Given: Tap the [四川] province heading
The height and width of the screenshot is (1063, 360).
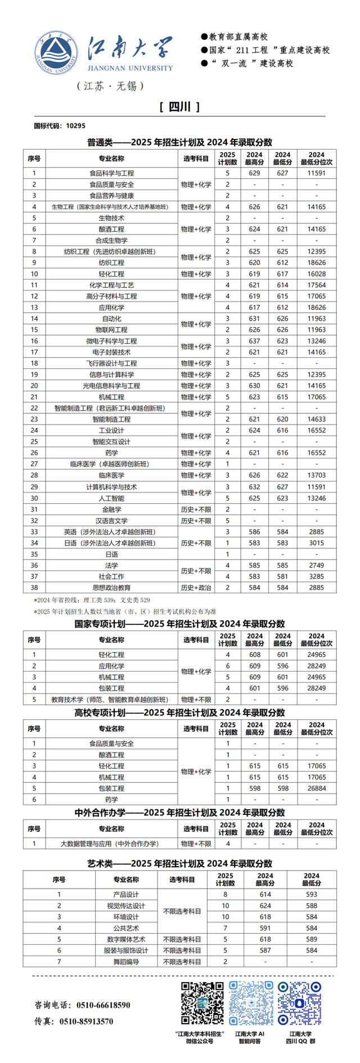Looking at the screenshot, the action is pyautogui.click(x=179, y=107).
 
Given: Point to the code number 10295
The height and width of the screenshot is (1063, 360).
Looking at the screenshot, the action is pyautogui.click(x=75, y=125).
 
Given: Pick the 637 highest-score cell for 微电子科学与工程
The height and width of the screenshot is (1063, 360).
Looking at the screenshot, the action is pyautogui.click(x=254, y=341).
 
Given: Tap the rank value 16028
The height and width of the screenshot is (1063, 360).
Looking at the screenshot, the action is pyautogui.click(x=316, y=274).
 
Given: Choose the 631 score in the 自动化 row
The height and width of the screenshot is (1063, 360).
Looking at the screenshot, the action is pyautogui.click(x=254, y=318).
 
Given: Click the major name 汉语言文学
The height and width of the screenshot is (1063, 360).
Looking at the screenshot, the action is pyautogui.click(x=111, y=521).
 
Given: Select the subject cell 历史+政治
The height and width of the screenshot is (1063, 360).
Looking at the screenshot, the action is pyautogui.click(x=196, y=588).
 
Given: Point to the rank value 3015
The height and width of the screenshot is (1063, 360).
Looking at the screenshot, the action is pyautogui.click(x=316, y=543).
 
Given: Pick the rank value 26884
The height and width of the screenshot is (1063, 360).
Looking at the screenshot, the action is pyautogui.click(x=316, y=788).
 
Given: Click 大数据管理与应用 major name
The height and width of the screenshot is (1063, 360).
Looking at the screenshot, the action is pyautogui.click(x=110, y=844).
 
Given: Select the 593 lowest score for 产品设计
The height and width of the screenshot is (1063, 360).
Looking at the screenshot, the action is pyautogui.click(x=311, y=894).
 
